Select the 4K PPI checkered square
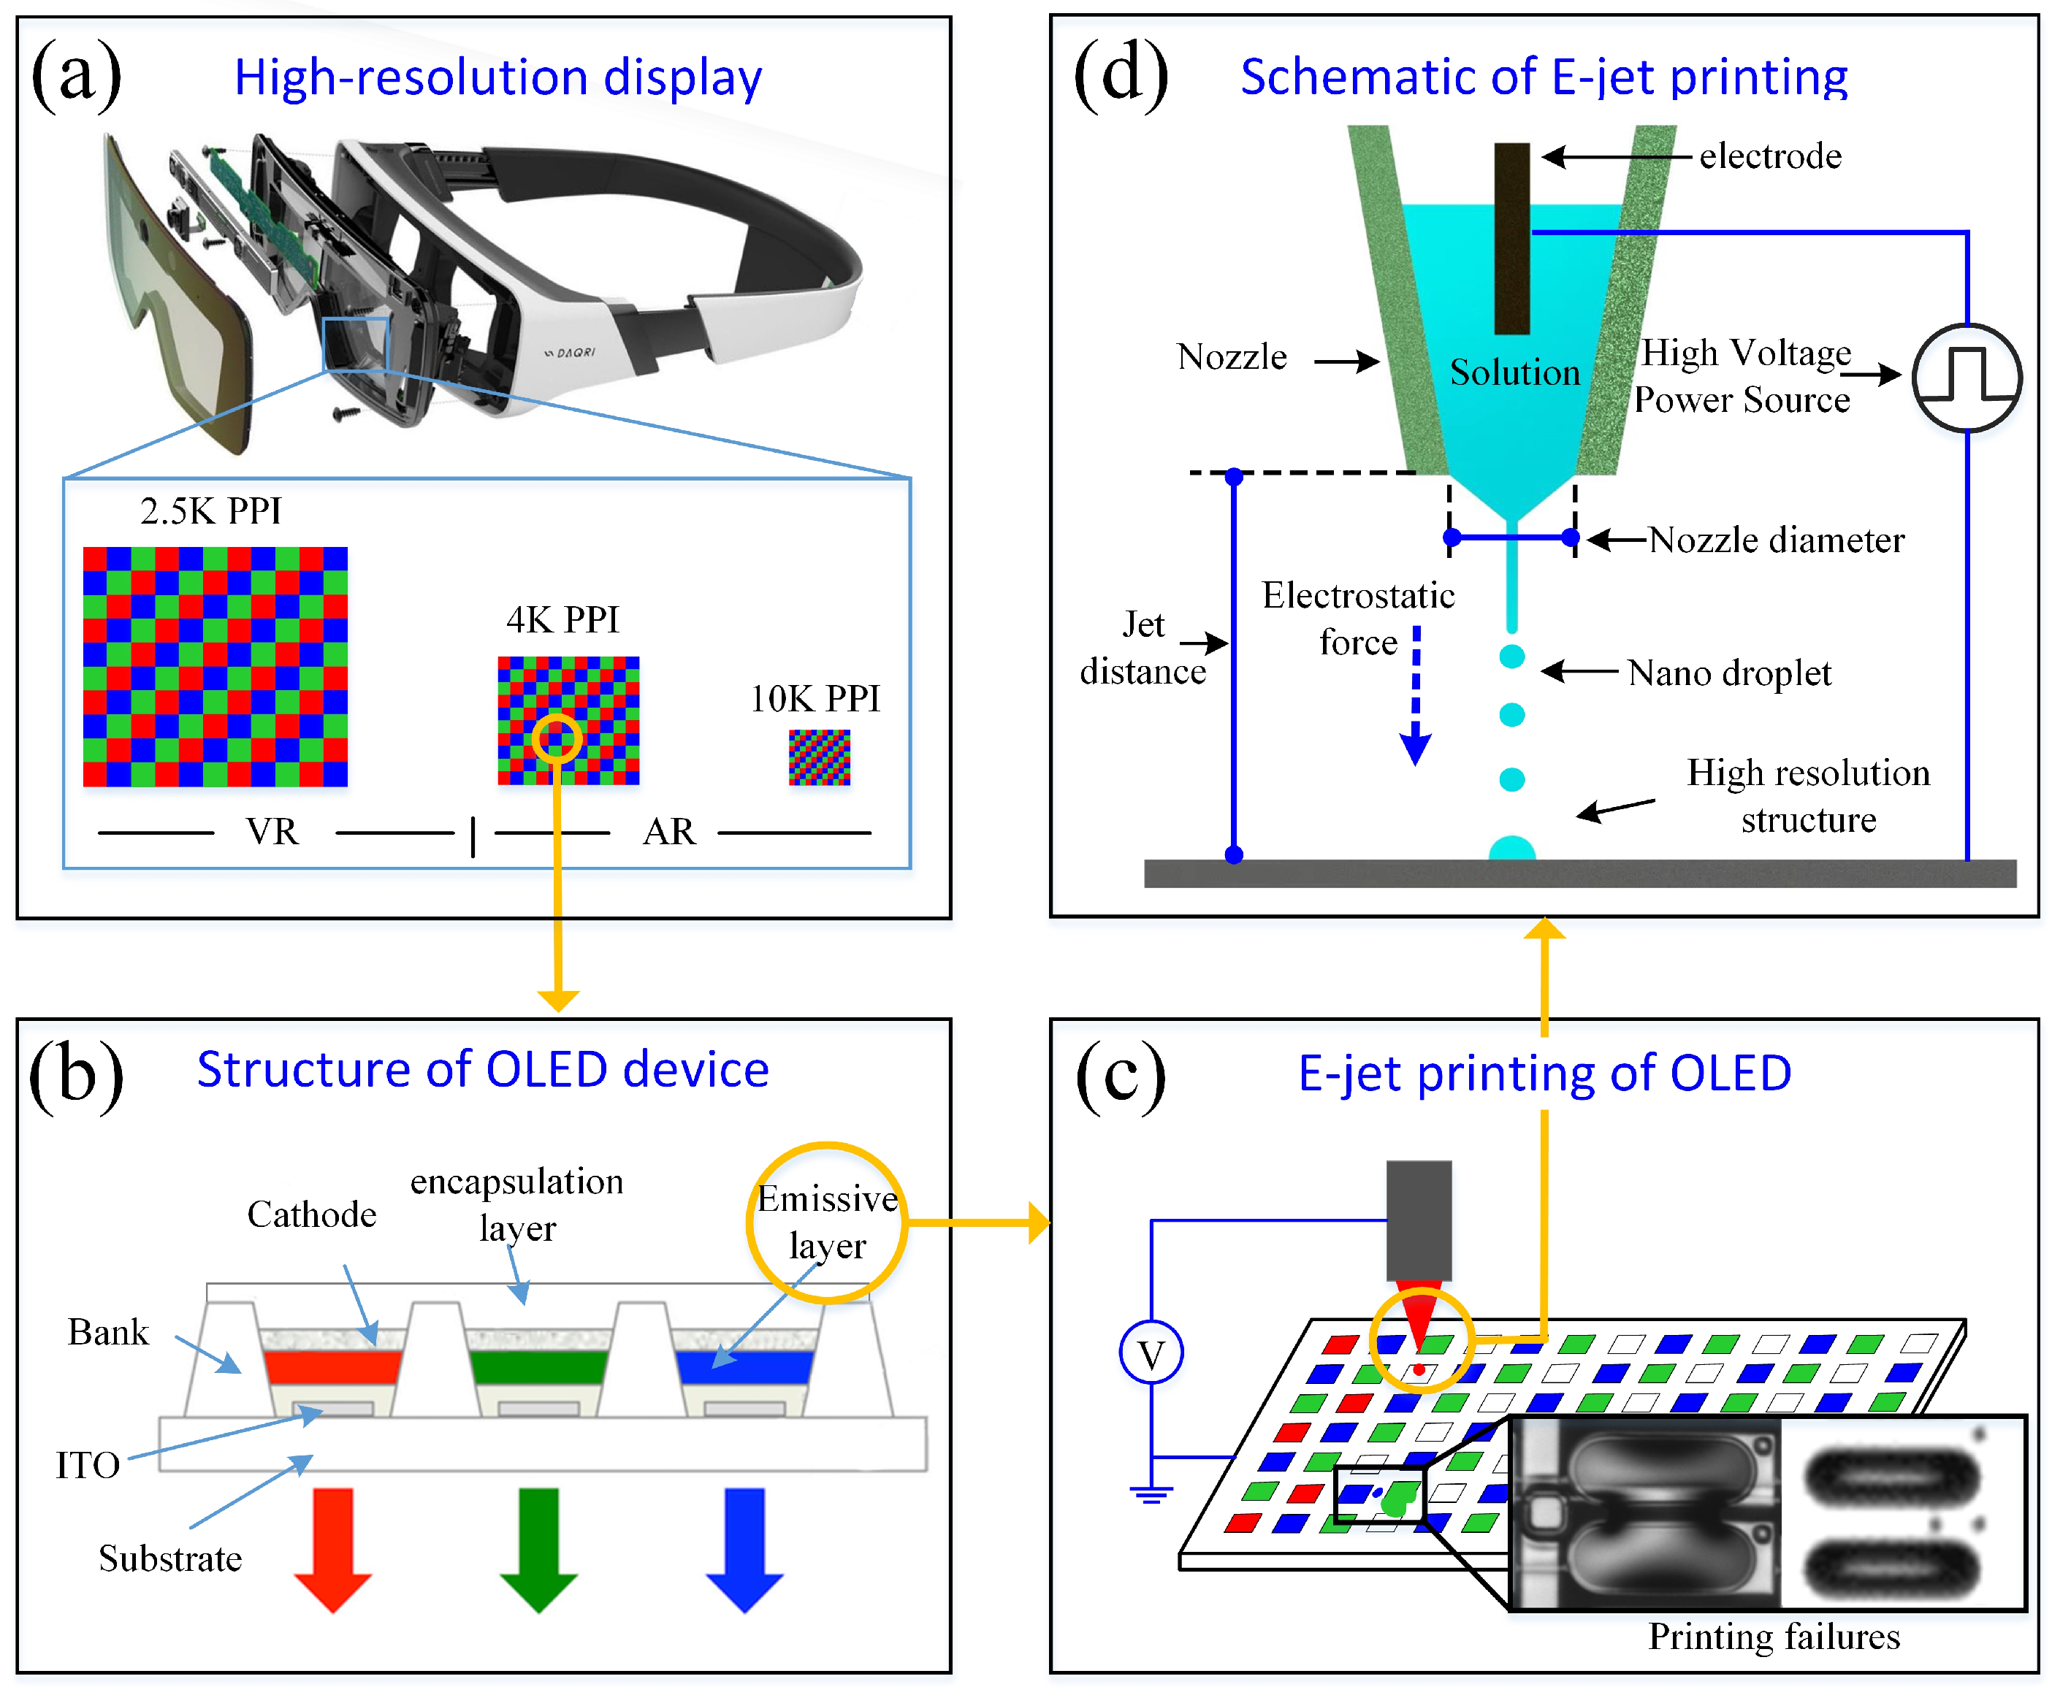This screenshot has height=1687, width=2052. coord(568,720)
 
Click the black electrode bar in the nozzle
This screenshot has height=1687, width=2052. coord(1511,238)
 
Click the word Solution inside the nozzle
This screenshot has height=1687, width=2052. coord(1514,372)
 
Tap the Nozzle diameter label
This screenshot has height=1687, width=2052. coord(1776,540)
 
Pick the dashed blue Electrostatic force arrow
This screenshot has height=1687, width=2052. coord(1415,695)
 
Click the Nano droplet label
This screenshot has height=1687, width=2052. coord(1729,673)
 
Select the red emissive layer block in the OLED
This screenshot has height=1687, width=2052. coord(332,1366)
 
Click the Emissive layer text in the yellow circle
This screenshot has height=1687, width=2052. coord(827,1223)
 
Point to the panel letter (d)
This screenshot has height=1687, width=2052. coord(1120,76)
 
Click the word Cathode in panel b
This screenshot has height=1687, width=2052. coord(311,1214)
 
